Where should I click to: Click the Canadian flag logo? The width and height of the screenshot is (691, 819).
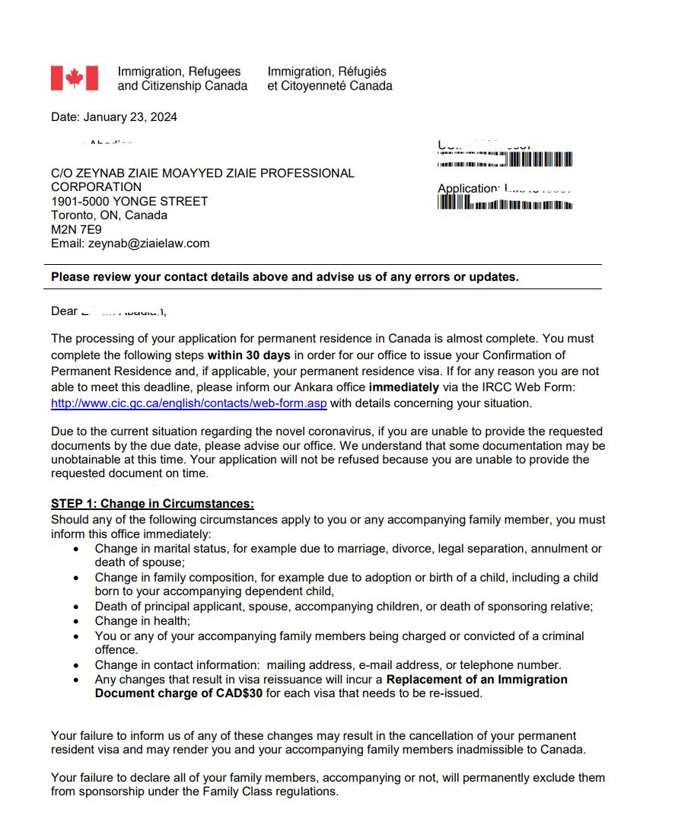coord(75,78)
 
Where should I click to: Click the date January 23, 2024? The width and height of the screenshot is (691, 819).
coord(114,117)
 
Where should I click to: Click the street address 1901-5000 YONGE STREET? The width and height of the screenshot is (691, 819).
coord(129,201)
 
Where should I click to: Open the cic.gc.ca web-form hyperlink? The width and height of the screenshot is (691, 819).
coord(189,403)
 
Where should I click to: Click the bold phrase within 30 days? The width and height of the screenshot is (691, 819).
coord(249,355)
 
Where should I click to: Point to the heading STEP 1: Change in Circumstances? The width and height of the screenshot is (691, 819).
coord(152,504)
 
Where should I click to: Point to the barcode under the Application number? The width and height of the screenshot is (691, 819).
coord(505,203)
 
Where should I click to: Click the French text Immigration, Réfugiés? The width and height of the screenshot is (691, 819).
coord(326,72)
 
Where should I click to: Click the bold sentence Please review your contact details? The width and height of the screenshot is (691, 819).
coord(285,277)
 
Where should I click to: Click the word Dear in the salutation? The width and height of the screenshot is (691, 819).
coord(64,311)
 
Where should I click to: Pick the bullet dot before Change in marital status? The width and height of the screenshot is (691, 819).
coord(76,549)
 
